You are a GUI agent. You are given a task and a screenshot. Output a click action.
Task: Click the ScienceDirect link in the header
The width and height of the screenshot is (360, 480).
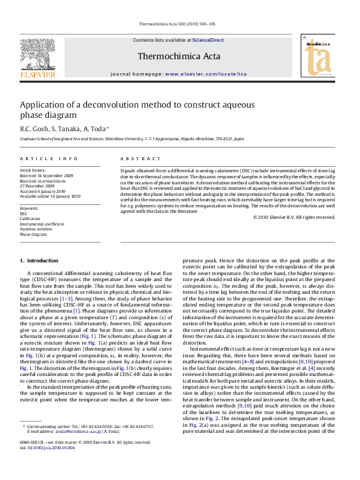208,40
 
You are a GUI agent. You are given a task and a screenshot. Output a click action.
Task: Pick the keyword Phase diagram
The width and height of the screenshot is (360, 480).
33,234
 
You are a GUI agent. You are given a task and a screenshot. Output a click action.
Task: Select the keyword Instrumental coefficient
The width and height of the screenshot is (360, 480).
42,224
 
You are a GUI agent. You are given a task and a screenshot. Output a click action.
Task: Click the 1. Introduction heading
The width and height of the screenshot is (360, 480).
39,260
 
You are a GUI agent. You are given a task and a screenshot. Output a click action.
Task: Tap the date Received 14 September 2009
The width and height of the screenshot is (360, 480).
46,175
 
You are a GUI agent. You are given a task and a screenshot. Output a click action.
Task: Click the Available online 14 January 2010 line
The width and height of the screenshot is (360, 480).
50,196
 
